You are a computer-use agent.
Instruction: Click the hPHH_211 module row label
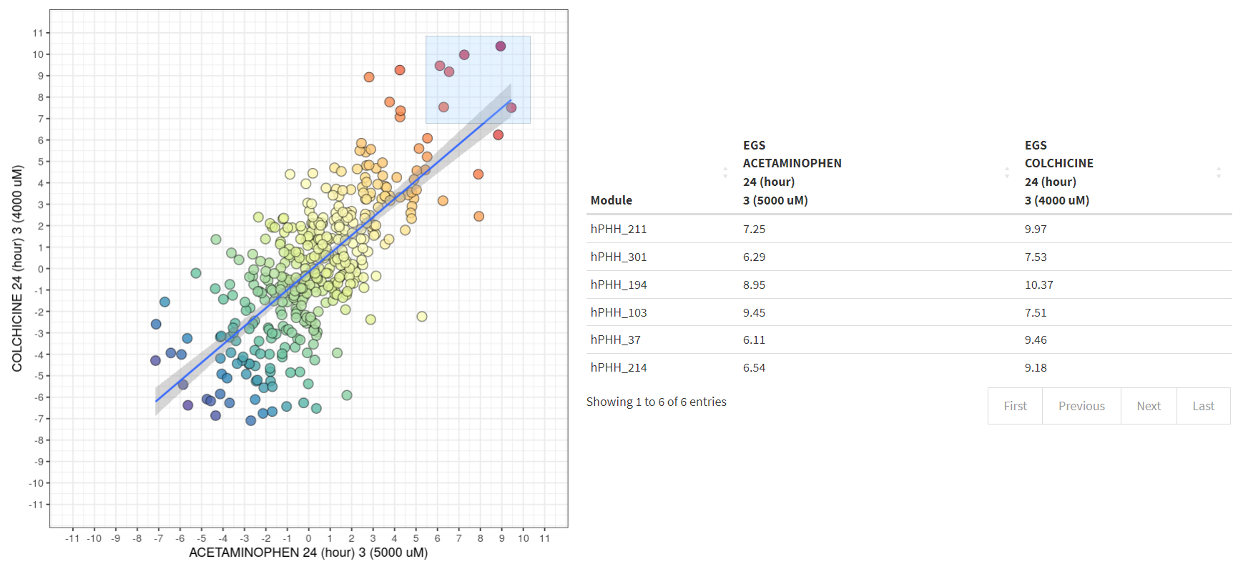pos(618,229)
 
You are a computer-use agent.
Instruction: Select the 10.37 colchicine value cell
pos(1039,285)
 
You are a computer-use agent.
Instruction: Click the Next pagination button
pos(1148,406)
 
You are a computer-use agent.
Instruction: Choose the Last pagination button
pos(1203,406)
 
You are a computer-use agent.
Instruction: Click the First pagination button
pos(1015,406)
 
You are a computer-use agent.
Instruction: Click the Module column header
pos(611,200)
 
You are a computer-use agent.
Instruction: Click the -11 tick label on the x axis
pos(73,538)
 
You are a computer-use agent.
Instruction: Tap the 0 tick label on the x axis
pos(309,538)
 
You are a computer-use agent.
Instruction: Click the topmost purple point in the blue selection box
pos(500,46)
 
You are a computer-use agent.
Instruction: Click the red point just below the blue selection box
pos(498,135)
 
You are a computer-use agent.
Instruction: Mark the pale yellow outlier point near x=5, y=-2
pos(422,316)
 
